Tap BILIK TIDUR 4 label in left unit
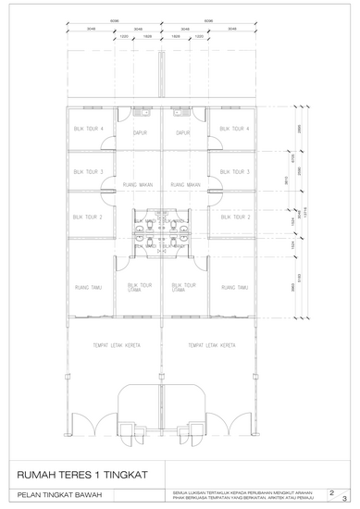pyautogui.click(x=90, y=130)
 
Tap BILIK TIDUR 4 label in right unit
pyautogui.click(x=235, y=130)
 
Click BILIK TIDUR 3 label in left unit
pyautogui.click(x=90, y=172)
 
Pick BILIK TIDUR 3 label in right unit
pyautogui.click(x=235, y=172)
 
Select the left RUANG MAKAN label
pyautogui.click(x=139, y=184)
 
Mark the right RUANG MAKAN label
pyautogui.click(x=187, y=184)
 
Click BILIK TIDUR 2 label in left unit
pyautogui.click(x=90, y=217)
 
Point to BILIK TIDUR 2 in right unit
pyautogui.click(x=235, y=217)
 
